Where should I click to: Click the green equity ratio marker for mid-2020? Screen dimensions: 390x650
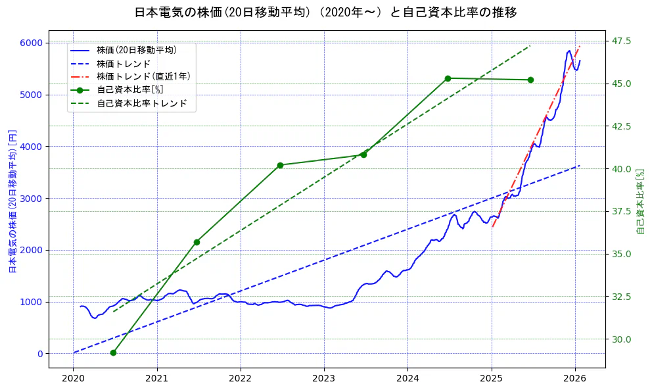coord(113,353)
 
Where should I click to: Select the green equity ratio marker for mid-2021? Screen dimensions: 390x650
coord(197,242)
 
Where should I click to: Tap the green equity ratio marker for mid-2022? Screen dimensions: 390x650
coord(280,165)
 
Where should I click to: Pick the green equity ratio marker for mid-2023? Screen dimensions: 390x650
coord(363,155)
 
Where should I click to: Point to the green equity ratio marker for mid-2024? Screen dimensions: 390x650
coord(448,78)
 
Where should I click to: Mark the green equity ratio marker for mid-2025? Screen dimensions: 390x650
coord(530,80)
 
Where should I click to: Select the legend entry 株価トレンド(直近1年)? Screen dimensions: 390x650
coord(143,76)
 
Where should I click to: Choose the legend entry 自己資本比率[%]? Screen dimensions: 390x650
coord(129,89)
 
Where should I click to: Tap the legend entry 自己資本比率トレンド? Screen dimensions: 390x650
coord(141,103)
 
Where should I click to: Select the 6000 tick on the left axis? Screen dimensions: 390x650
coord(30,43)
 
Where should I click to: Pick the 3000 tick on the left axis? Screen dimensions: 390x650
coord(30,198)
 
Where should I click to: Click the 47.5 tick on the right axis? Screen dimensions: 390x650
coord(622,41)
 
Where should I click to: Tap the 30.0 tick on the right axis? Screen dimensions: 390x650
coord(622,339)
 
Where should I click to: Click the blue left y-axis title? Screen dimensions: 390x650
coord(12,201)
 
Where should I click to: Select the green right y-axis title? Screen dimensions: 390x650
coord(641,201)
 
